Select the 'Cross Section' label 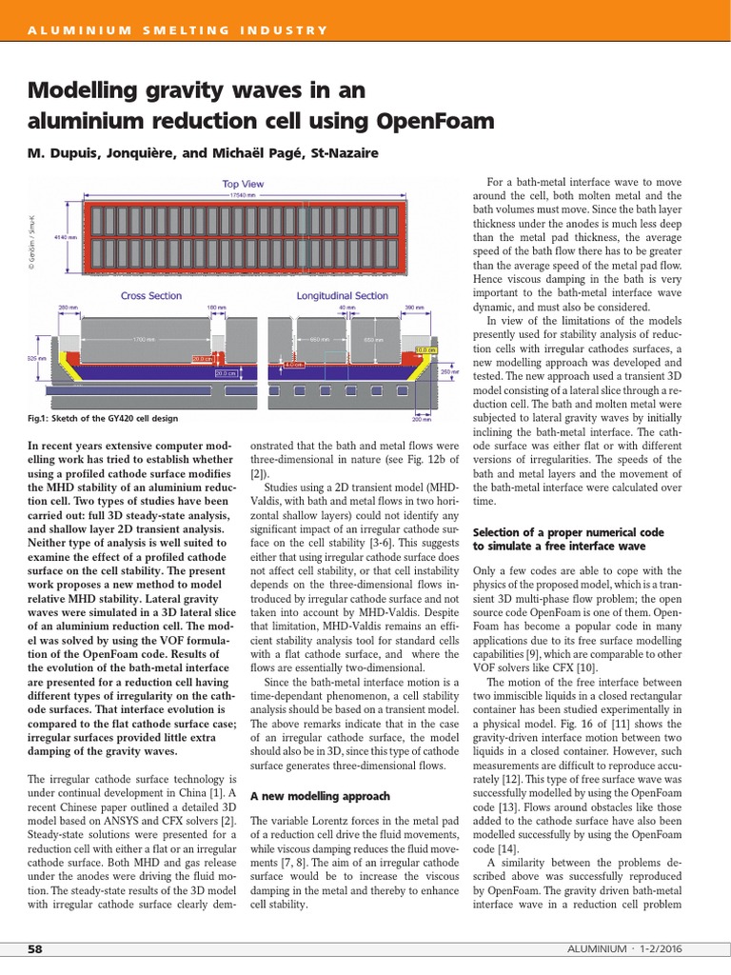(152, 295)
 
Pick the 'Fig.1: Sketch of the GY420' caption (103, 419)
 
